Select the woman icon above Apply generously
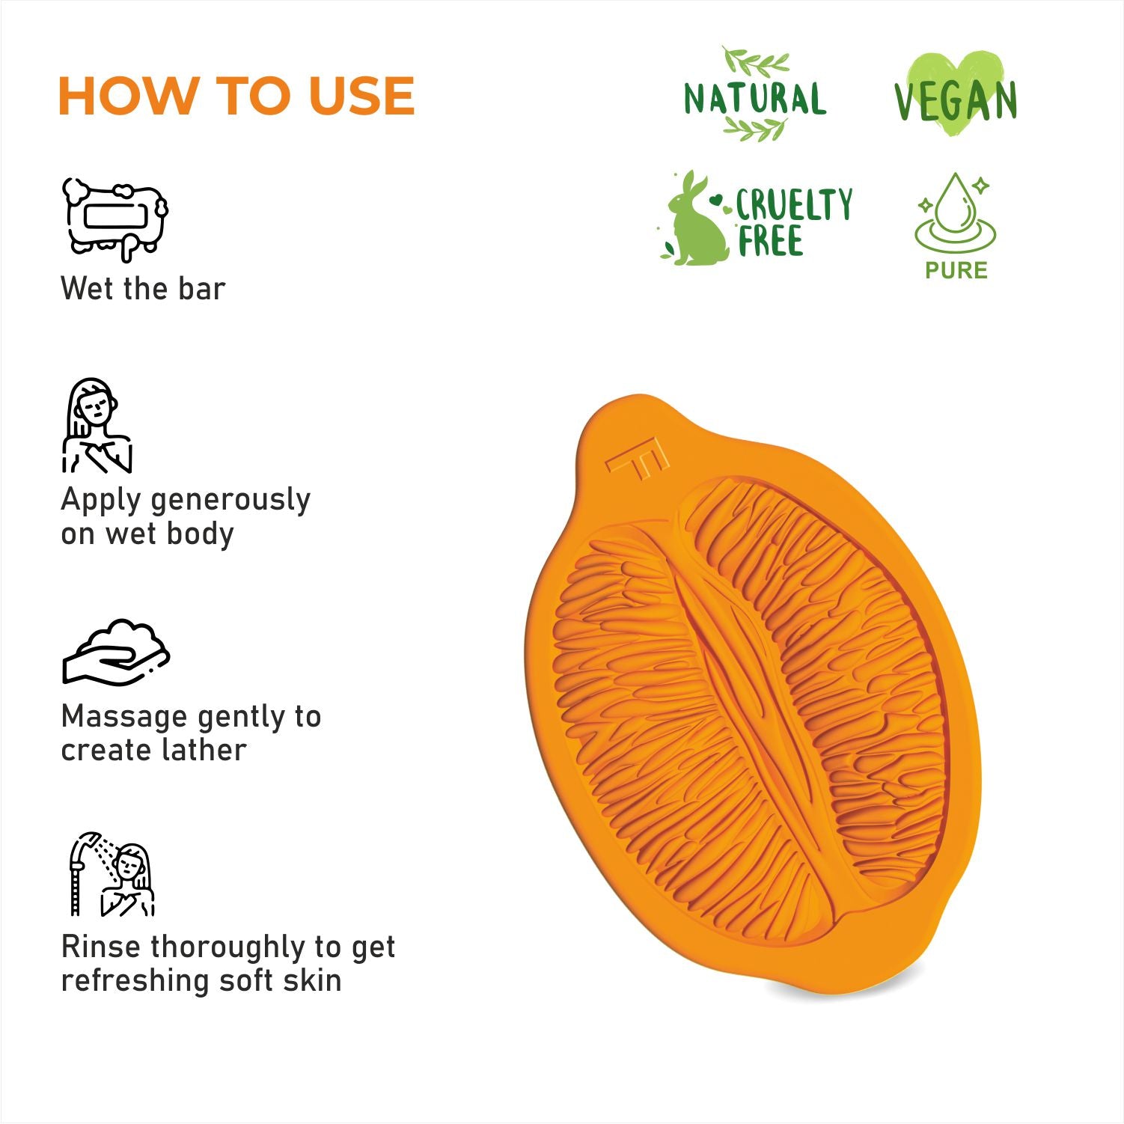pyautogui.click(x=97, y=425)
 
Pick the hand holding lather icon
pyautogui.click(x=116, y=652)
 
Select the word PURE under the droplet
pyautogui.click(x=956, y=270)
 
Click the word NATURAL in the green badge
pyautogui.click(x=755, y=99)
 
